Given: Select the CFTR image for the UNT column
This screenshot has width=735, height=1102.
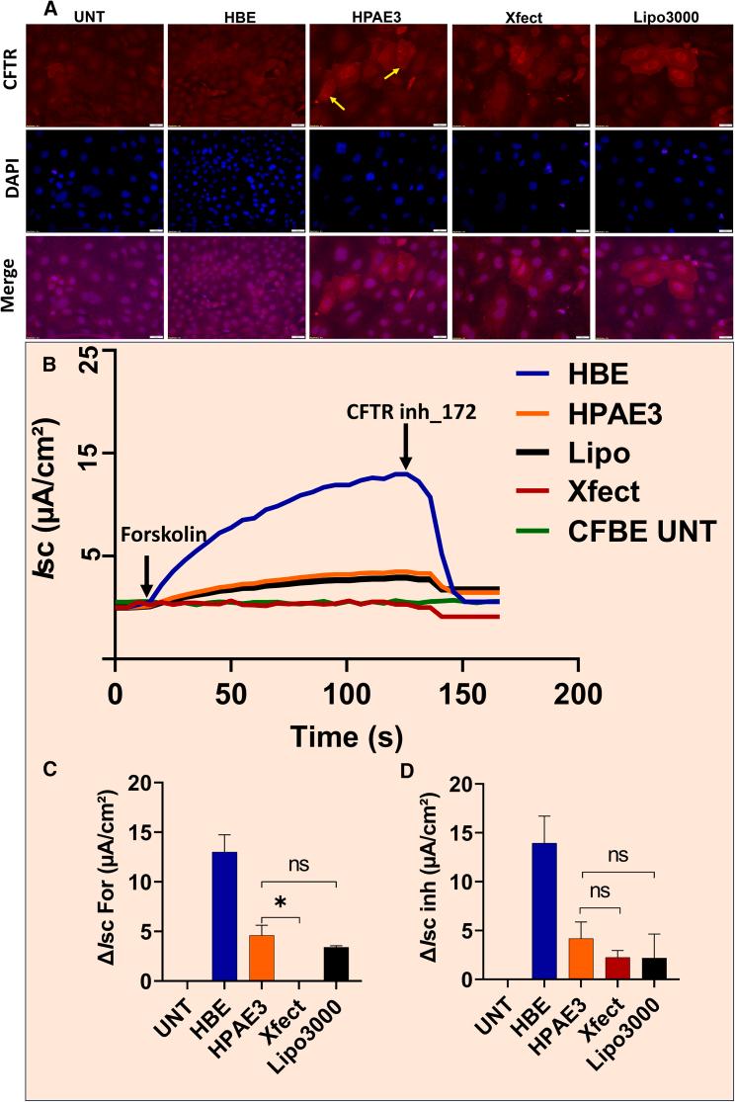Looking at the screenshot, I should (94, 64).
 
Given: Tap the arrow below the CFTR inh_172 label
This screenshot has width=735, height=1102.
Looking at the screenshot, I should (405, 456).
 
